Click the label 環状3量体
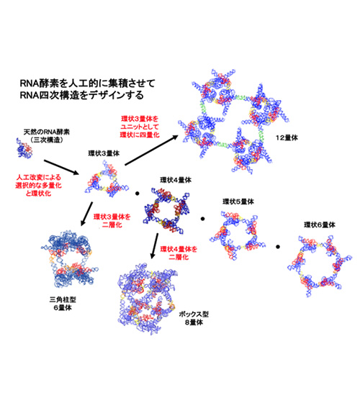[x=104, y=153]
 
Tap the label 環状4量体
[x=176, y=180]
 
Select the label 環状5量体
[x=238, y=201]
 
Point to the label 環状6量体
[x=320, y=225]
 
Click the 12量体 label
[x=287, y=138]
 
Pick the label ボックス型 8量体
[x=194, y=318]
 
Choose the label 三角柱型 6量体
[x=63, y=304]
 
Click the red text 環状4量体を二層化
[x=179, y=253]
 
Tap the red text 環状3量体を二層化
[x=112, y=221]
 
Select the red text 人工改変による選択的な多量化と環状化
[x=38, y=186]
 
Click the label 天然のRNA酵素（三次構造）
[x=47, y=136]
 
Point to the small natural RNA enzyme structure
[x=24, y=148]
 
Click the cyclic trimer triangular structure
[x=106, y=179]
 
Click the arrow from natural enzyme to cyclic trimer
[x=61, y=167]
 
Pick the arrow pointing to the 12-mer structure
[x=151, y=150]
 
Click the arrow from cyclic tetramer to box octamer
[x=154, y=246]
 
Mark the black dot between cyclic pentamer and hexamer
[x=278, y=247]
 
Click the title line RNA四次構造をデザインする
[x=82, y=95]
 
